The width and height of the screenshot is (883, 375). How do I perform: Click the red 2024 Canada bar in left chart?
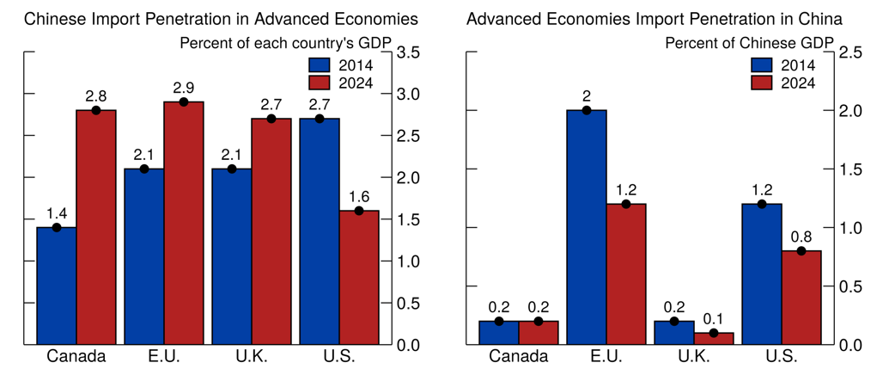pyautogui.click(x=96, y=227)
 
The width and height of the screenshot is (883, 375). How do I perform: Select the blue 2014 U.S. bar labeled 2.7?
pyautogui.click(x=320, y=231)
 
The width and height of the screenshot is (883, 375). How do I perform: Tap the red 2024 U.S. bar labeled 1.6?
pyautogui.click(x=359, y=277)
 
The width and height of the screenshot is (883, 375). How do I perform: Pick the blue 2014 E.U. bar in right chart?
pyautogui.click(x=587, y=227)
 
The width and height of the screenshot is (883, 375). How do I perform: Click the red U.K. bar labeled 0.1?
pyautogui.click(x=714, y=338)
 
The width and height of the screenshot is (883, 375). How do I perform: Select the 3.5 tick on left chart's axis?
pyautogui.click(x=409, y=53)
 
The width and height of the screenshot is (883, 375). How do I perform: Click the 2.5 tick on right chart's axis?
pyautogui.click(x=850, y=53)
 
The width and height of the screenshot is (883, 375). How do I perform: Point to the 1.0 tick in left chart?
pyautogui.click(x=409, y=261)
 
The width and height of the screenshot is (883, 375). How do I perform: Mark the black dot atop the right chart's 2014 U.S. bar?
pyautogui.click(x=762, y=204)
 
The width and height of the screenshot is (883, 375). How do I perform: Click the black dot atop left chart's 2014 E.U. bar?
pyautogui.click(x=144, y=169)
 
